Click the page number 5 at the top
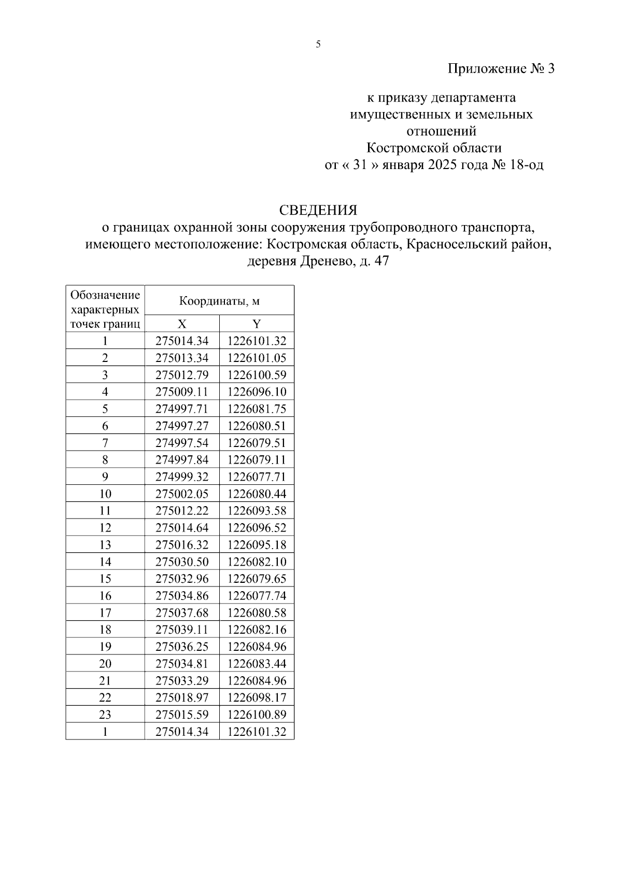[x=318, y=45]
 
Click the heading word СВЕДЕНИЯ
[x=318, y=210]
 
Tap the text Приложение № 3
[x=501, y=68]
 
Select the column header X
[x=182, y=324]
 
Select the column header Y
[x=257, y=324]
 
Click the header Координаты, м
[x=219, y=301]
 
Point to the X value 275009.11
[x=182, y=392]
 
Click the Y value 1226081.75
[x=257, y=409]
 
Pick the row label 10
[x=105, y=494]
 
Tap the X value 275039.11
[x=182, y=630]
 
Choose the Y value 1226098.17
[x=257, y=697]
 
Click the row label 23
[x=105, y=715]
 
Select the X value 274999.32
[x=182, y=477]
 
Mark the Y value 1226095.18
[x=257, y=545]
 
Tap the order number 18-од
[x=527, y=165]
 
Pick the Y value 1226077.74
[x=257, y=596]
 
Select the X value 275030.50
[x=182, y=562]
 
